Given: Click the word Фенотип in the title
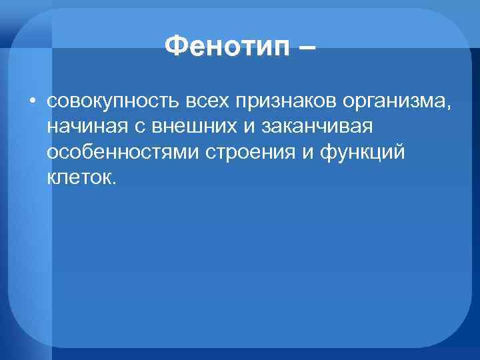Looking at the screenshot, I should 226,47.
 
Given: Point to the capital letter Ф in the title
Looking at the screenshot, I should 175,47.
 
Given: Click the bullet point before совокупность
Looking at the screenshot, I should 32,102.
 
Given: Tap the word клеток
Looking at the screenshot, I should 78,178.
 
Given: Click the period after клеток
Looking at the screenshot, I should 113,182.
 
